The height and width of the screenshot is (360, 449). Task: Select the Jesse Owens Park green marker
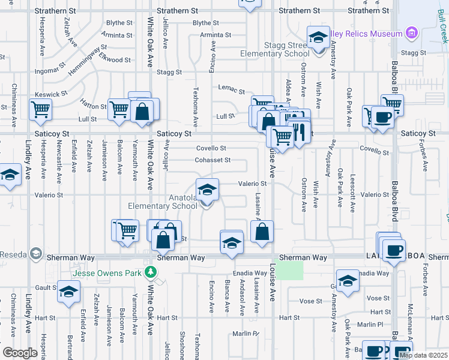153,273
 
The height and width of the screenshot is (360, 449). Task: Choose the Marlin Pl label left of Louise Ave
246,334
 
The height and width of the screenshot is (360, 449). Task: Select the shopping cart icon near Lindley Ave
41,109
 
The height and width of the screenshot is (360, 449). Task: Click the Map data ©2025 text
423,355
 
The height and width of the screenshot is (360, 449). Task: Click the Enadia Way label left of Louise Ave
251,273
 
